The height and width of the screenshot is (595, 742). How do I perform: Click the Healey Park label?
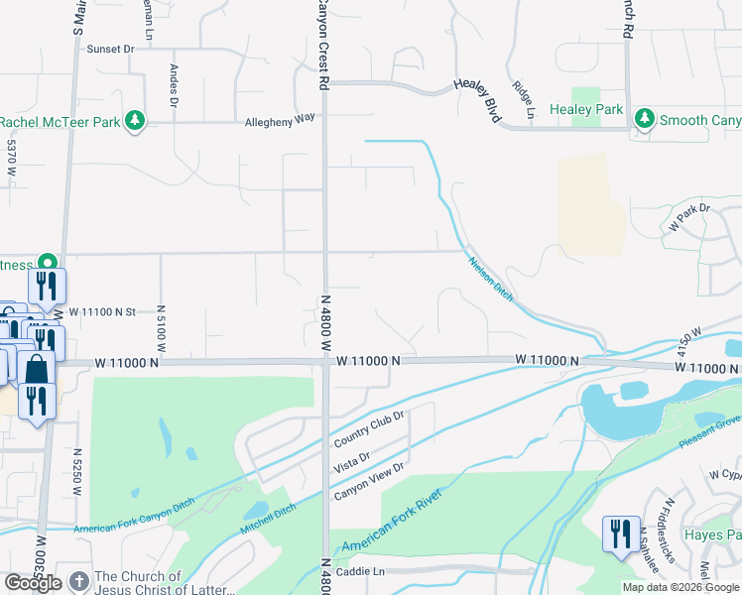[x=586, y=110]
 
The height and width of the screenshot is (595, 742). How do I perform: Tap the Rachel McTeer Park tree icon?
[x=136, y=122]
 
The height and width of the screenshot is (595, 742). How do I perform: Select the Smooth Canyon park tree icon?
[x=645, y=120]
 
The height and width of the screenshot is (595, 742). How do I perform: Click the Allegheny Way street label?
[x=280, y=118]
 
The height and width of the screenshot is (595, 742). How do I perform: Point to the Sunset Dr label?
[x=110, y=49]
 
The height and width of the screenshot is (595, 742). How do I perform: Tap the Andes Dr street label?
[x=174, y=86]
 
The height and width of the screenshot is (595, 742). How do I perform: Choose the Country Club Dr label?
[x=370, y=428]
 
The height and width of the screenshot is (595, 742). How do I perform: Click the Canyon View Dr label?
[x=369, y=481]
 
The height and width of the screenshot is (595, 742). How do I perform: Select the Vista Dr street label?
[x=351, y=460]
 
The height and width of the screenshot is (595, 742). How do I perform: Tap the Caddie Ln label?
[x=362, y=572]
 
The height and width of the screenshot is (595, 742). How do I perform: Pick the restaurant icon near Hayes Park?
[x=620, y=534]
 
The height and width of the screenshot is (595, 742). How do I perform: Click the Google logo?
[x=33, y=583]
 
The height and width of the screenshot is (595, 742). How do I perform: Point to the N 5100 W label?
[x=160, y=328]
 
